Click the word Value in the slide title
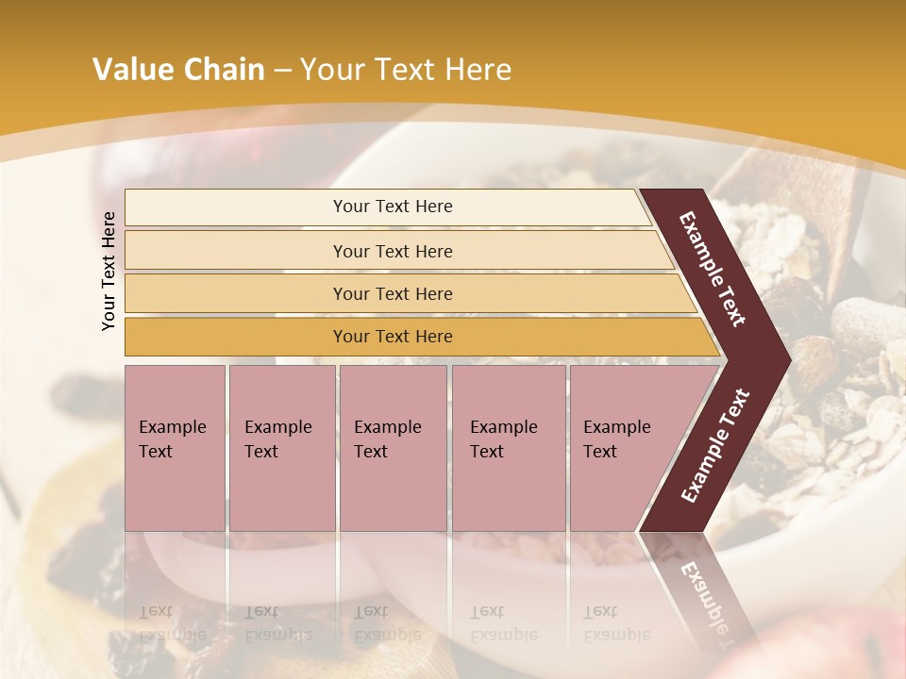click(131, 70)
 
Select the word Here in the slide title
click(478, 70)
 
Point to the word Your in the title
click(331, 70)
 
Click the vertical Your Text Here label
click(109, 271)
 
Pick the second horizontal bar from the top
click(393, 251)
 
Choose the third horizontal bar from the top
click(393, 293)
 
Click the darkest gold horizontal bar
click(393, 337)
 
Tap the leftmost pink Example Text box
click(175, 447)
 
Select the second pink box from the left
click(281, 447)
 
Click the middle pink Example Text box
click(393, 447)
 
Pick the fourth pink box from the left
click(509, 447)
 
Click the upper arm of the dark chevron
click(713, 268)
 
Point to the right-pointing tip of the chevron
click(783, 358)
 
